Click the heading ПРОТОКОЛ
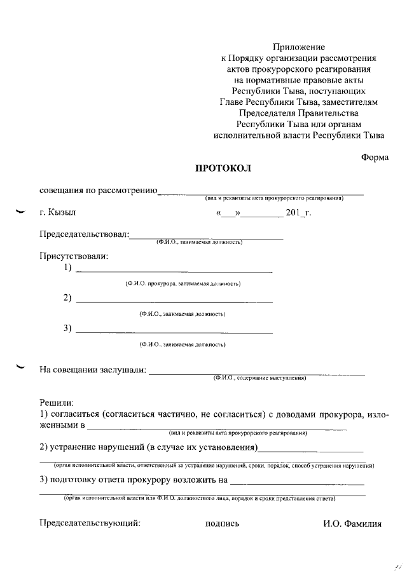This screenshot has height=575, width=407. [x=223, y=168]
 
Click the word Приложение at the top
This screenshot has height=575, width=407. [x=299, y=47]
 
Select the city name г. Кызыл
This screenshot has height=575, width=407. [x=60, y=213]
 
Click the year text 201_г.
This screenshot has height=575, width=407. [x=298, y=213]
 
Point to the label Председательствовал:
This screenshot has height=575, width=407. [x=85, y=234]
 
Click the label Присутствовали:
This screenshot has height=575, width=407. [x=74, y=256]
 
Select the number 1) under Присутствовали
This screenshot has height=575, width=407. [x=67, y=268]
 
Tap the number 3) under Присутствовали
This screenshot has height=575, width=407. [x=67, y=328]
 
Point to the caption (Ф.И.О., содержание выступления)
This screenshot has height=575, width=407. [x=260, y=379]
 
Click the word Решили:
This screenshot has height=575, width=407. [x=57, y=402]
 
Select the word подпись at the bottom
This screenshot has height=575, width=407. [x=222, y=524]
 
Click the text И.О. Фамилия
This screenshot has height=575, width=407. [x=352, y=524]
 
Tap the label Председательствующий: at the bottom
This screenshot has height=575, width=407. [x=90, y=524]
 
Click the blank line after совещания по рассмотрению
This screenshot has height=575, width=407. [x=260, y=192]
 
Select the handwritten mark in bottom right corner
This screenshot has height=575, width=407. [x=398, y=564]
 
